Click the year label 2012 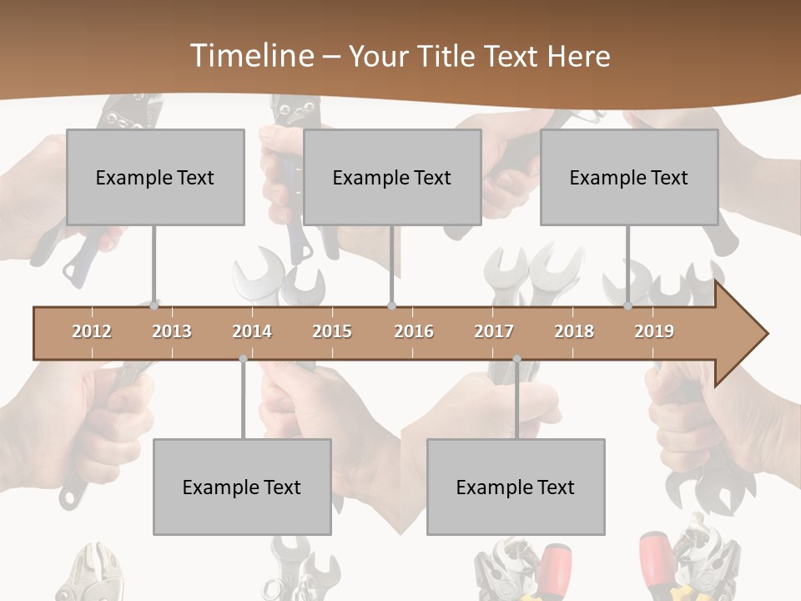click(92, 331)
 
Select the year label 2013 click(172, 331)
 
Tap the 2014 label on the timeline click(252, 331)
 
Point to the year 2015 click(332, 331)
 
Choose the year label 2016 click(414, 331)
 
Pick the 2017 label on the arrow click(494, 331)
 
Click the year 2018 click(574, 331)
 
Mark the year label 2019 click(654, 331)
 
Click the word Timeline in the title click(249, 56)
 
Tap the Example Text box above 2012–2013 click(155, 177)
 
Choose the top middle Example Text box click(392, 177)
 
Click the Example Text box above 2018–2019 click(629, 177)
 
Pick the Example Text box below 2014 click(242, 487)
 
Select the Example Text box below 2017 click(516, 487)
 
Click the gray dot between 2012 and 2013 click(154, 306)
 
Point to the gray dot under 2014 click(243, 359)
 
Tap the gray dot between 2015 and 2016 click(392, 306)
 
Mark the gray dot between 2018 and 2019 click(627, 306)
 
